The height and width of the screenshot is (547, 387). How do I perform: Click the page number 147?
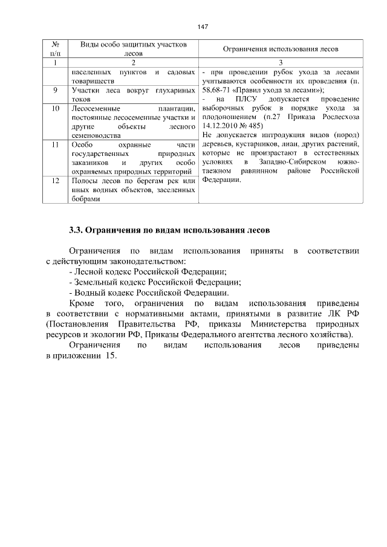pos(203,27)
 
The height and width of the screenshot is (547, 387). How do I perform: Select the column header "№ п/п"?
pos(55,49)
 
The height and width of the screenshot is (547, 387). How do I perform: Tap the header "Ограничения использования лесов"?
pos(281,49)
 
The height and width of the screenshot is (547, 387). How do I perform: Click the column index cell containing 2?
pos(133,63)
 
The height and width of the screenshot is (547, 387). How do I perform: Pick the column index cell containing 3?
pos(281,63)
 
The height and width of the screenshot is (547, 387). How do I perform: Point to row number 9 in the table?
pos(55,90)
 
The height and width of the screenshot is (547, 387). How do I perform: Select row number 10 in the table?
pos(55,108)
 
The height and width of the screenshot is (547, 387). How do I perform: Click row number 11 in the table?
pos(55,145)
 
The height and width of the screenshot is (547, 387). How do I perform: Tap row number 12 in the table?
pos(55,181)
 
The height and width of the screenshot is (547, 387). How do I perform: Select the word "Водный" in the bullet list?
pos(89,292)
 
